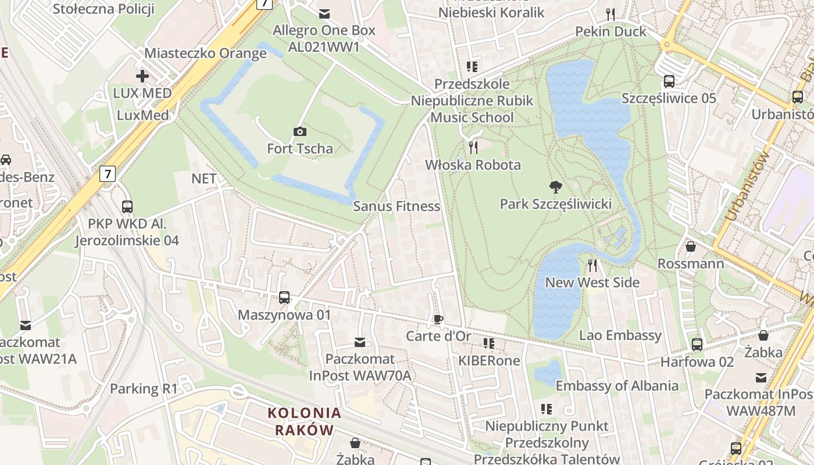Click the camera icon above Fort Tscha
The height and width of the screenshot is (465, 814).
tap(300, 132)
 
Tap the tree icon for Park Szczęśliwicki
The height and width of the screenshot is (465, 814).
tap(555, 187)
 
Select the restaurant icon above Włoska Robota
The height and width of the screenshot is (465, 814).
tap(473, 148)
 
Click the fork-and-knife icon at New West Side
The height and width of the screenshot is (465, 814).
tap(592, 266)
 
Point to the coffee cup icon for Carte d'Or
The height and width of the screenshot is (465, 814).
tap(438, 319)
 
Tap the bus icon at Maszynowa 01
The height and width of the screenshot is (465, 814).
tap(284, 298)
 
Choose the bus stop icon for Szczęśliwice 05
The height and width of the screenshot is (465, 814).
tap(669, 81)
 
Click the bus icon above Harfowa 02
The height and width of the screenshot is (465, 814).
tap(697, 345)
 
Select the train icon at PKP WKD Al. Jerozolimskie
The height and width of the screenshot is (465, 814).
tap(127, 206)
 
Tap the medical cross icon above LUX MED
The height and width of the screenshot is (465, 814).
tap(142, 76)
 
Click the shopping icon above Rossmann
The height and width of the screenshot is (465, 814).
tap(691, 247)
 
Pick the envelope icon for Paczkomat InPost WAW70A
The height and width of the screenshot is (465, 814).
tap(360, 342)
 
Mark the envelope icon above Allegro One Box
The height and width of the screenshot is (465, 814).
tap(324, 13)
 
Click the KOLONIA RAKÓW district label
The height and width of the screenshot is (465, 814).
tap(304, 421)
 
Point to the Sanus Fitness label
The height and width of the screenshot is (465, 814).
tap(397, 206)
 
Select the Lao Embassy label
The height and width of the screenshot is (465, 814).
tap(620, 335)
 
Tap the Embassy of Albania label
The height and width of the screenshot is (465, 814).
tap(616, 386)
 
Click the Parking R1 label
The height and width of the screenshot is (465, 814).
tap(144, 389)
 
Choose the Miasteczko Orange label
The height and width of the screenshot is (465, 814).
tap(205, 53)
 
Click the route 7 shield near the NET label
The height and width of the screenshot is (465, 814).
tap(108, 173)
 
